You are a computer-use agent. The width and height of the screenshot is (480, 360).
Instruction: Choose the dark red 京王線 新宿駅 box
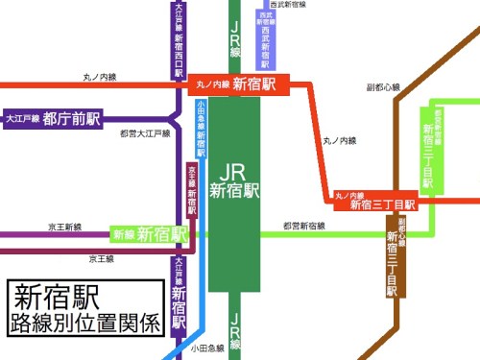coord(191,190)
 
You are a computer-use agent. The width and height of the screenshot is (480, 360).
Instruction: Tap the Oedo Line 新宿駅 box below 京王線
coord(179,293)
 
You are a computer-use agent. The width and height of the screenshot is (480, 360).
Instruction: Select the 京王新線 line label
coord(65,227)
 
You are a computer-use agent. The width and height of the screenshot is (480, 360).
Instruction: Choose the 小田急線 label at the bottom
coord(207,348)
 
